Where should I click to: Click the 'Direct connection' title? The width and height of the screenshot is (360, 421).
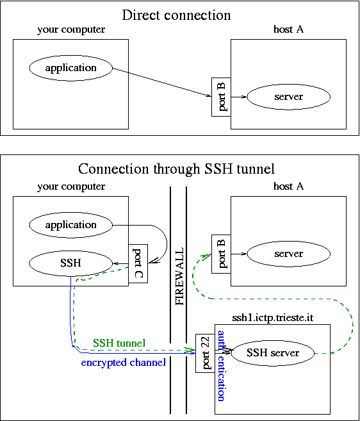point(176,15)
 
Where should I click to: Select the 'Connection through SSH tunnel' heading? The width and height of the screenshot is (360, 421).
point(176,169)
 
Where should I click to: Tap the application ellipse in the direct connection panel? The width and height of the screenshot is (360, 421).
point(71,68)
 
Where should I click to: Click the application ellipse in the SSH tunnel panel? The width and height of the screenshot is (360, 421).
point(71,225)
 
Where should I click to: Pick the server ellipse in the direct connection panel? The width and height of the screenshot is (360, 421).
point(289,97)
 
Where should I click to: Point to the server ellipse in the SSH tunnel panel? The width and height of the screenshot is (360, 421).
point(289,254)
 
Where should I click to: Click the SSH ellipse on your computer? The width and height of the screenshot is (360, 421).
point(71,263)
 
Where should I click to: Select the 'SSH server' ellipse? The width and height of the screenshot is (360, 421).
point(272,353)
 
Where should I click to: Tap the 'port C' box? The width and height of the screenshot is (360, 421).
point(138,263)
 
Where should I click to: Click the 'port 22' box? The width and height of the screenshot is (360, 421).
point(205,353)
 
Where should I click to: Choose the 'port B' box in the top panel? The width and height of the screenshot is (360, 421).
point(221,97)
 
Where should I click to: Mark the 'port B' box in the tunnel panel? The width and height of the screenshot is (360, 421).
point(221,254)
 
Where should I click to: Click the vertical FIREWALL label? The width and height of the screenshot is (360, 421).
point(179,276)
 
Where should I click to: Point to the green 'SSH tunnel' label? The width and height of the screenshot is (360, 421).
point(119,343)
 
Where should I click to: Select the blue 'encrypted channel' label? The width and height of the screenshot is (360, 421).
point(124,363)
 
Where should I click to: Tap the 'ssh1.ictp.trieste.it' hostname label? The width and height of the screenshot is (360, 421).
point(272,318)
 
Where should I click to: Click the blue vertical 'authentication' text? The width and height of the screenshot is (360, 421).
point(221,366)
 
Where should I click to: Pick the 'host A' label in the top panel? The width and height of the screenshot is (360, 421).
point(289,29)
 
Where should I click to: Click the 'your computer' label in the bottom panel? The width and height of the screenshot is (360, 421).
point(71,186)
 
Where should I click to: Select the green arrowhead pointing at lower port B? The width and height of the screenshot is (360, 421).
point(207,256)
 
